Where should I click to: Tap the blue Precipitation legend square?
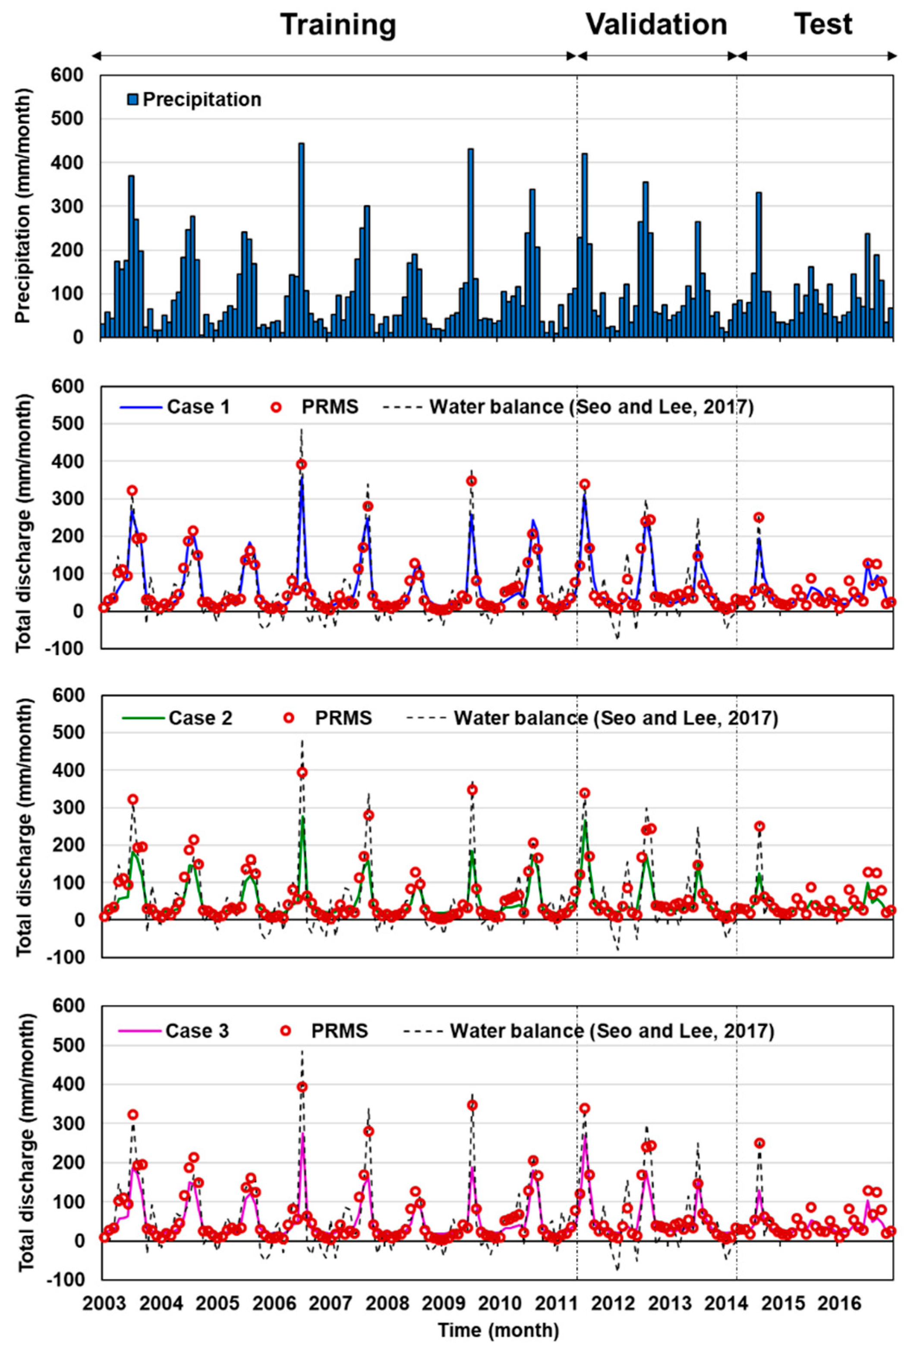pos(134,100)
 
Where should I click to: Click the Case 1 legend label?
pos(198,407)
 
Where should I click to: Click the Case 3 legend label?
pos(197,1030)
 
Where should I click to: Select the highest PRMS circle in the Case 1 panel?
pos(301,464)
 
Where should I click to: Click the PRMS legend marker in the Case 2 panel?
pos(290,718)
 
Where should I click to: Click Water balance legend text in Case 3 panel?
pos(611,1030)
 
